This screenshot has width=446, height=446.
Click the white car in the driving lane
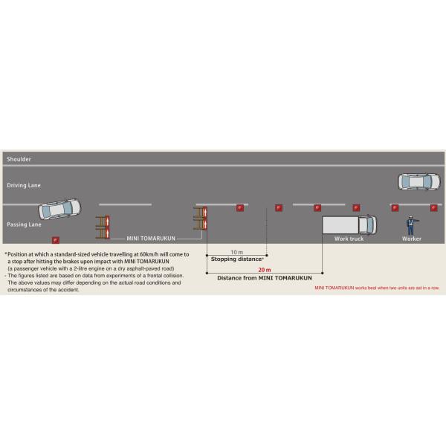coord(419,181)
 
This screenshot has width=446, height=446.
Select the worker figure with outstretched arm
coord(410,224)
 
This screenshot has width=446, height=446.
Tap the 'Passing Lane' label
coord(23,224)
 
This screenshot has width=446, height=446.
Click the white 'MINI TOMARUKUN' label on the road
coord(151,239)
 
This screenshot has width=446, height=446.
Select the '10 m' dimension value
coord(236,252)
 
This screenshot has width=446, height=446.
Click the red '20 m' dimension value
coord(264,270)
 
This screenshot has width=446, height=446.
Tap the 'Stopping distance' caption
coord(237,259)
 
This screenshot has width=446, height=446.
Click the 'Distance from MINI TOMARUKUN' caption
coord(264,278)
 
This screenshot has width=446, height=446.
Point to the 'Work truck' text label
coord(349,239)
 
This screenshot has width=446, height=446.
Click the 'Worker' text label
coord(412,239)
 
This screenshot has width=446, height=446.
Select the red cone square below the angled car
coord(55,239)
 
